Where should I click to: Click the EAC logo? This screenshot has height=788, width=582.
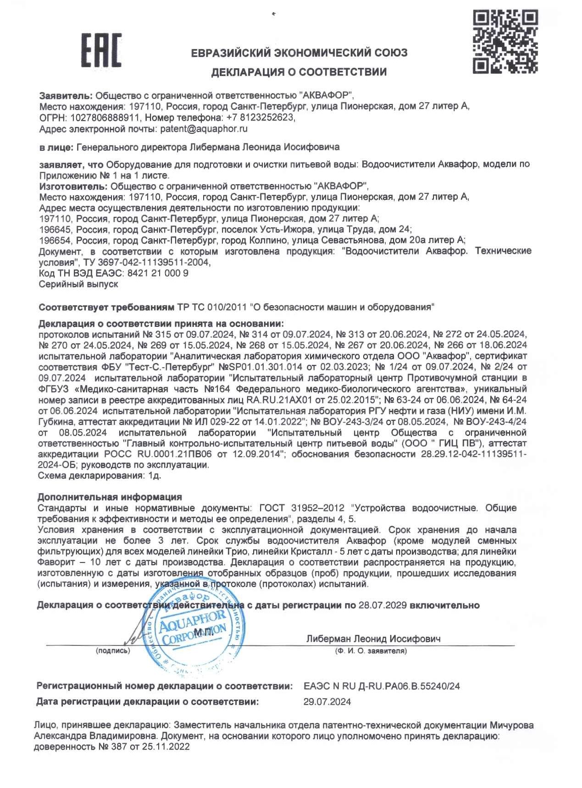tap(101, 50)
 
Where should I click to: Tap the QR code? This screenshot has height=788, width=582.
tap(505, 42)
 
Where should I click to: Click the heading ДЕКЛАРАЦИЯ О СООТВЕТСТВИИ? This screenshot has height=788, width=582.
tap(299, 72)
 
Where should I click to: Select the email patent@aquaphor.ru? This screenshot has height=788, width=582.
tap(204, 129)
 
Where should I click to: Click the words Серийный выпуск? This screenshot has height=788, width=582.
tap(78, 284)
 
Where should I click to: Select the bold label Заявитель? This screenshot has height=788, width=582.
tap(66, 95)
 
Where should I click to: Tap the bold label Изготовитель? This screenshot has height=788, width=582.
tap(72, 186)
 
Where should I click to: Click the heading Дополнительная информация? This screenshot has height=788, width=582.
tap(110, 497)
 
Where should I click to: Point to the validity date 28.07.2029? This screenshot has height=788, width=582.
tap(382, 605)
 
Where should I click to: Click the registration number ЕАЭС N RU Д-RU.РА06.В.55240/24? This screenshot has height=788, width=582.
tap(382, 686)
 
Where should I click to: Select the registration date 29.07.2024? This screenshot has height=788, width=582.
tap(327, 701)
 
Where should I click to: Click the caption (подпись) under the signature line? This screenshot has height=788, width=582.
tap(113, 650)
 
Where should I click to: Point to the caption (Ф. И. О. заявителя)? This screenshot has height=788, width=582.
tap(371, 650)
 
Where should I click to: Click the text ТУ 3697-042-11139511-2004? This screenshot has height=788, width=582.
tap(146, 262)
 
